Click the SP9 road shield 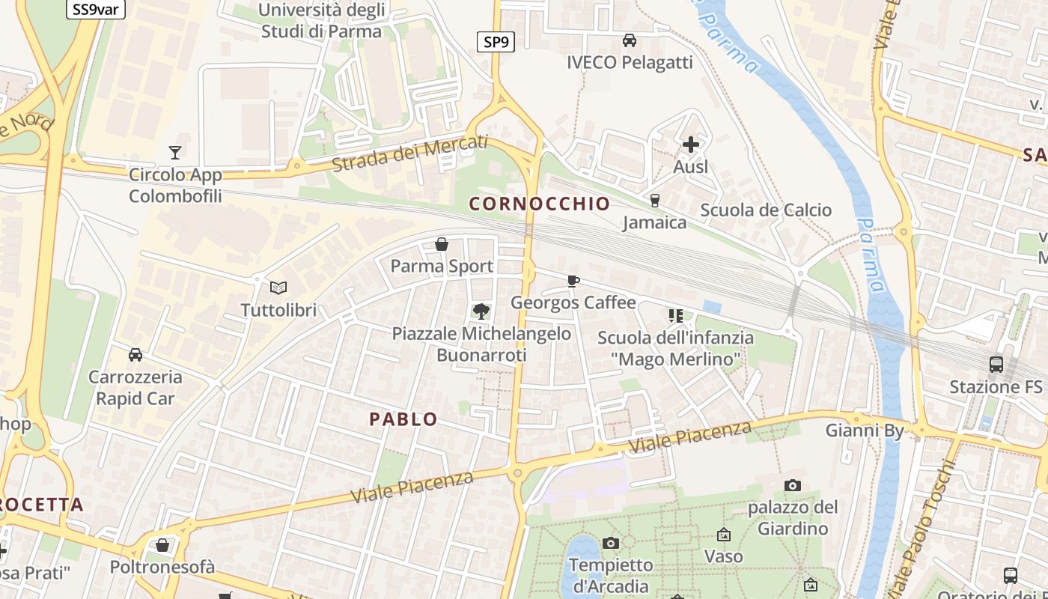pos(496,42)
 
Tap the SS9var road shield pos(96,9)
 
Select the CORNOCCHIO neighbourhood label pos(539,203)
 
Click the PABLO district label pos(403,419)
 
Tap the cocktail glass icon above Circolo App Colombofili pos(175,153)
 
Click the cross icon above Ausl pos(690,144)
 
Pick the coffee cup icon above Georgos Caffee pos(573,281)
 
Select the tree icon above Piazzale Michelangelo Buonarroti pos(481,311)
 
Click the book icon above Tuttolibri pos(278,288)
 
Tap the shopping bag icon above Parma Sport pos(442,244)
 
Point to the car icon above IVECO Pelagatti pos(630,40)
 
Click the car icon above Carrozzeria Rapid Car pos(135,354)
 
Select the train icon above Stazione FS pos(996,365)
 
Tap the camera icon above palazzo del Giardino pos(793,486)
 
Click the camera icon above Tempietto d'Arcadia pos(611,543)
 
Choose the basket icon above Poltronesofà pos(162,545)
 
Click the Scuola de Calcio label pos(766,210)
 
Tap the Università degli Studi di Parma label pos(321,21)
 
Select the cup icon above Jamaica pos(655,201)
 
